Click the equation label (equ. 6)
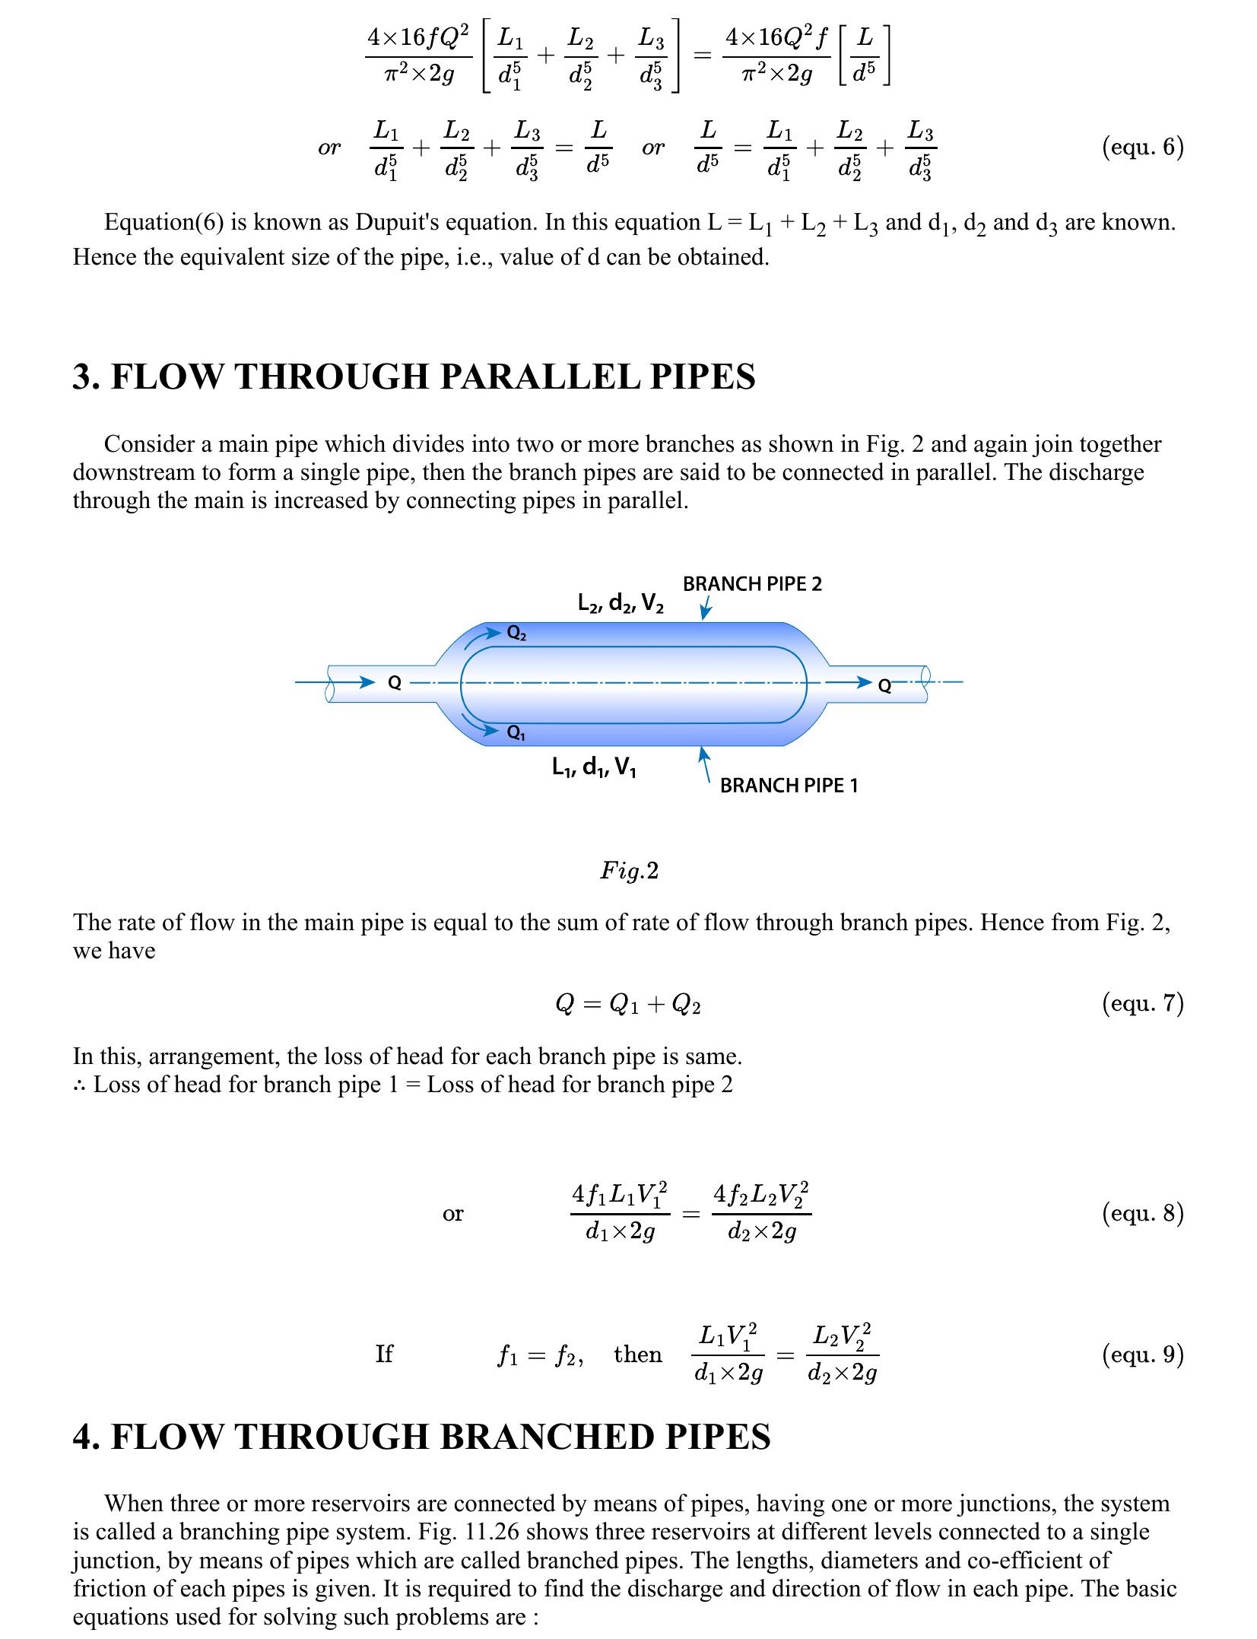tap(1142, 146)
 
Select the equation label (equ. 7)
tap(1142, 1003)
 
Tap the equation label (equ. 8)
tap(1142, 1212)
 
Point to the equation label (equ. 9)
tap(1142, 1354)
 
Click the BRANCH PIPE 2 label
tap(752, 584)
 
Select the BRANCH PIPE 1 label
tap(789, 786)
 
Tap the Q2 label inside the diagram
tap(516, 634)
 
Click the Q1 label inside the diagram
tap(516, 733)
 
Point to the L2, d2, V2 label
tap(620, 604)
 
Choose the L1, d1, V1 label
tap(594, 767)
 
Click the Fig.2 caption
tap(629, 870)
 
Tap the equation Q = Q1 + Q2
tap(628, 1005)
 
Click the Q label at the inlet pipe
tap(394, 683)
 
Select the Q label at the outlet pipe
tap(884, 686)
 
